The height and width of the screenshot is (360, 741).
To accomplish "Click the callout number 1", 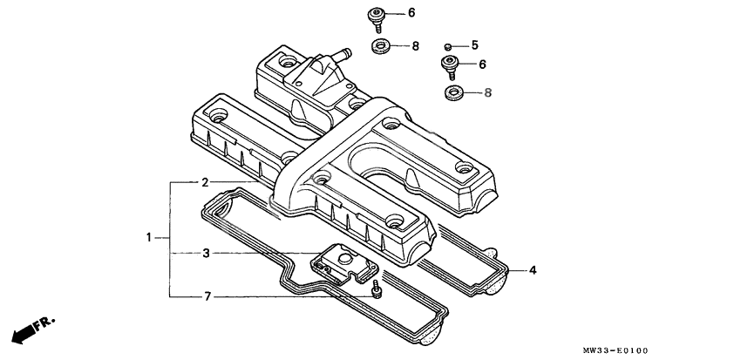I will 149,237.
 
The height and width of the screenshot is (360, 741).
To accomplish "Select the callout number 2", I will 205,182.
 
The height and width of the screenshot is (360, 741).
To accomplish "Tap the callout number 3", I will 205,254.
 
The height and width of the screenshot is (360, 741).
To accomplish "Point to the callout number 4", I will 533,270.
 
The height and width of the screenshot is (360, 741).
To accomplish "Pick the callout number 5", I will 475,44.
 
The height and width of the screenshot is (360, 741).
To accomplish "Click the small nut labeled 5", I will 447,45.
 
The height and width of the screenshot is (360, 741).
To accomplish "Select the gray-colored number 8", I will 488,92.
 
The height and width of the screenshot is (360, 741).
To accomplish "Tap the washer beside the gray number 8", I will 454,92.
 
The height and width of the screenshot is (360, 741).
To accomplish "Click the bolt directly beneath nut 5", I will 451,66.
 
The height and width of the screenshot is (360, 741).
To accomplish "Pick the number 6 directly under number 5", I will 482,65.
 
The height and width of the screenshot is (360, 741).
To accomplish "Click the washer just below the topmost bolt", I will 380,45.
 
